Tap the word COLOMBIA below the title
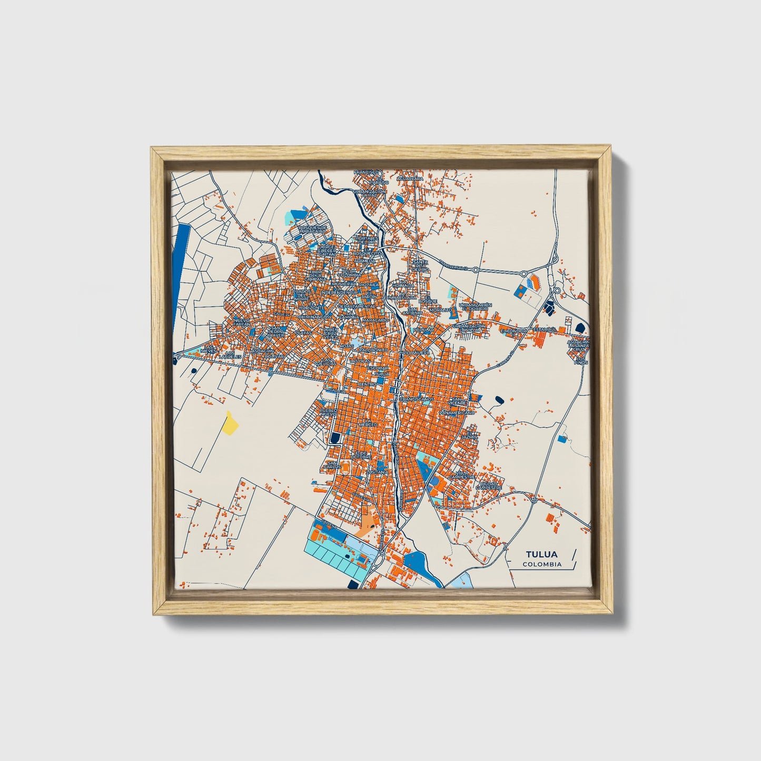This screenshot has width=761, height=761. [542, 565]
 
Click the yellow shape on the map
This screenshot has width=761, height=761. [230, 423]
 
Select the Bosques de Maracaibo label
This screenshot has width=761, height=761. [313, 230]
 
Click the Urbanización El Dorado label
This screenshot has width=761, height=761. [475, 307]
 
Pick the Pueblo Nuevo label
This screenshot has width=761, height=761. [328, 412]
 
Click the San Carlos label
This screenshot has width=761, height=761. [332, 465]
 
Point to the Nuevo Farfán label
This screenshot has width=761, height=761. [242, 322]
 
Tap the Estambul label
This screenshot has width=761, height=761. [545, 330]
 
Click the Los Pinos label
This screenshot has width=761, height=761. [580, 361]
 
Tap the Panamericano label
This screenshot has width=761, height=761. [457, 413]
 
